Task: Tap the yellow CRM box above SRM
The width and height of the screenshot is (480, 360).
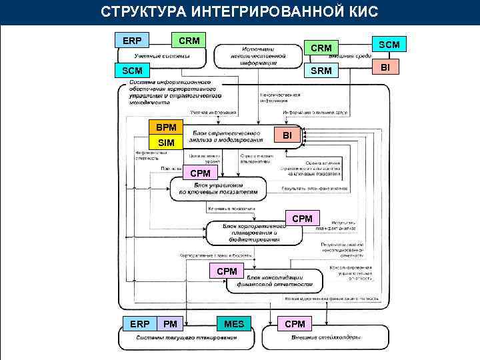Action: (321, 48)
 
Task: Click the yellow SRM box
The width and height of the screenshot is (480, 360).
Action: (321, 71)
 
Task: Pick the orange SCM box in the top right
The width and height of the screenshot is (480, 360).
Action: (389, 45)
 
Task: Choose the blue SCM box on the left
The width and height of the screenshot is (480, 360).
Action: (131, 70)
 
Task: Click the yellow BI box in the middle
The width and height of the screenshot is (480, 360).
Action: (287, 135)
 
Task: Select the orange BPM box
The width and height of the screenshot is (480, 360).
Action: (166, 127)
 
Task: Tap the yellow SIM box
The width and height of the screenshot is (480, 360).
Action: (166, 143)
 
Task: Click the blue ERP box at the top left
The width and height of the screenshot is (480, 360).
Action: (131, 41)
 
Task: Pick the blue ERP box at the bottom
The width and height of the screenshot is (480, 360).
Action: (139, 324)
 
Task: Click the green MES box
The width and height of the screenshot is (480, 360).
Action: (234, 324)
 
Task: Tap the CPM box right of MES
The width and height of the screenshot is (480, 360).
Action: (295, 324)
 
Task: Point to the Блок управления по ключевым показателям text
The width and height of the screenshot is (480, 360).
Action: (219, 189)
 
